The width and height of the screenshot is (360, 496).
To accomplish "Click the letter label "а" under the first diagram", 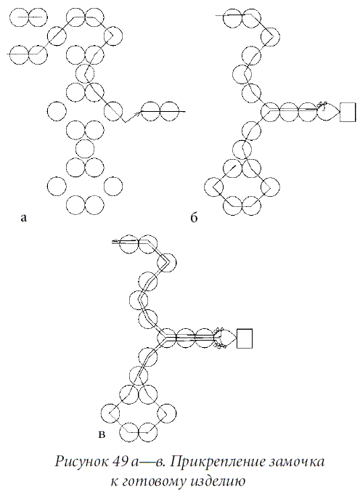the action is (x=23, y=218).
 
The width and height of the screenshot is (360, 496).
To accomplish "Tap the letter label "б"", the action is (x=194, y=217).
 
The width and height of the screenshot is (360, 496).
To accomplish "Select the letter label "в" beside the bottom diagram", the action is (x=102, y=434).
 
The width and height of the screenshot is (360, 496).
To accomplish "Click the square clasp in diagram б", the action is (x=348, y=112).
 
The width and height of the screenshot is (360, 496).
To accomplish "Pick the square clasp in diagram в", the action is (x=245, y=338).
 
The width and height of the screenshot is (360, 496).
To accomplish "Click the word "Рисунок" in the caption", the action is (x=81, y=462).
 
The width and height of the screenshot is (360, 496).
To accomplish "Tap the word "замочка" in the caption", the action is (x=295, y=463).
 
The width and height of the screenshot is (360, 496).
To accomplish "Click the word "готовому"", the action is (x=155, y=482).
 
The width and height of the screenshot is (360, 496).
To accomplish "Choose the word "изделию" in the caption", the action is (x=218, y=482).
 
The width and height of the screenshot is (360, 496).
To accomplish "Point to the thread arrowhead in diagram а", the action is (x=137, y=113).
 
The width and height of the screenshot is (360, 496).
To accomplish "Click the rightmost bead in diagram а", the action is (x=170, y=111).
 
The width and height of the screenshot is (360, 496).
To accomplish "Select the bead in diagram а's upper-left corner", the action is (x=19, y=17).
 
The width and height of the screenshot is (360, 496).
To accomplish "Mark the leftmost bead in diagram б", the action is (x=213, y=187).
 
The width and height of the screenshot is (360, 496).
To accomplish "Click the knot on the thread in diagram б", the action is (x=322, y=106).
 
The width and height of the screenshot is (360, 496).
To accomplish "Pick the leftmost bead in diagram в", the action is (x=110, y=412).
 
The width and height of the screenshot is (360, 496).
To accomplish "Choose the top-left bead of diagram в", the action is (x=130, y=243).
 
